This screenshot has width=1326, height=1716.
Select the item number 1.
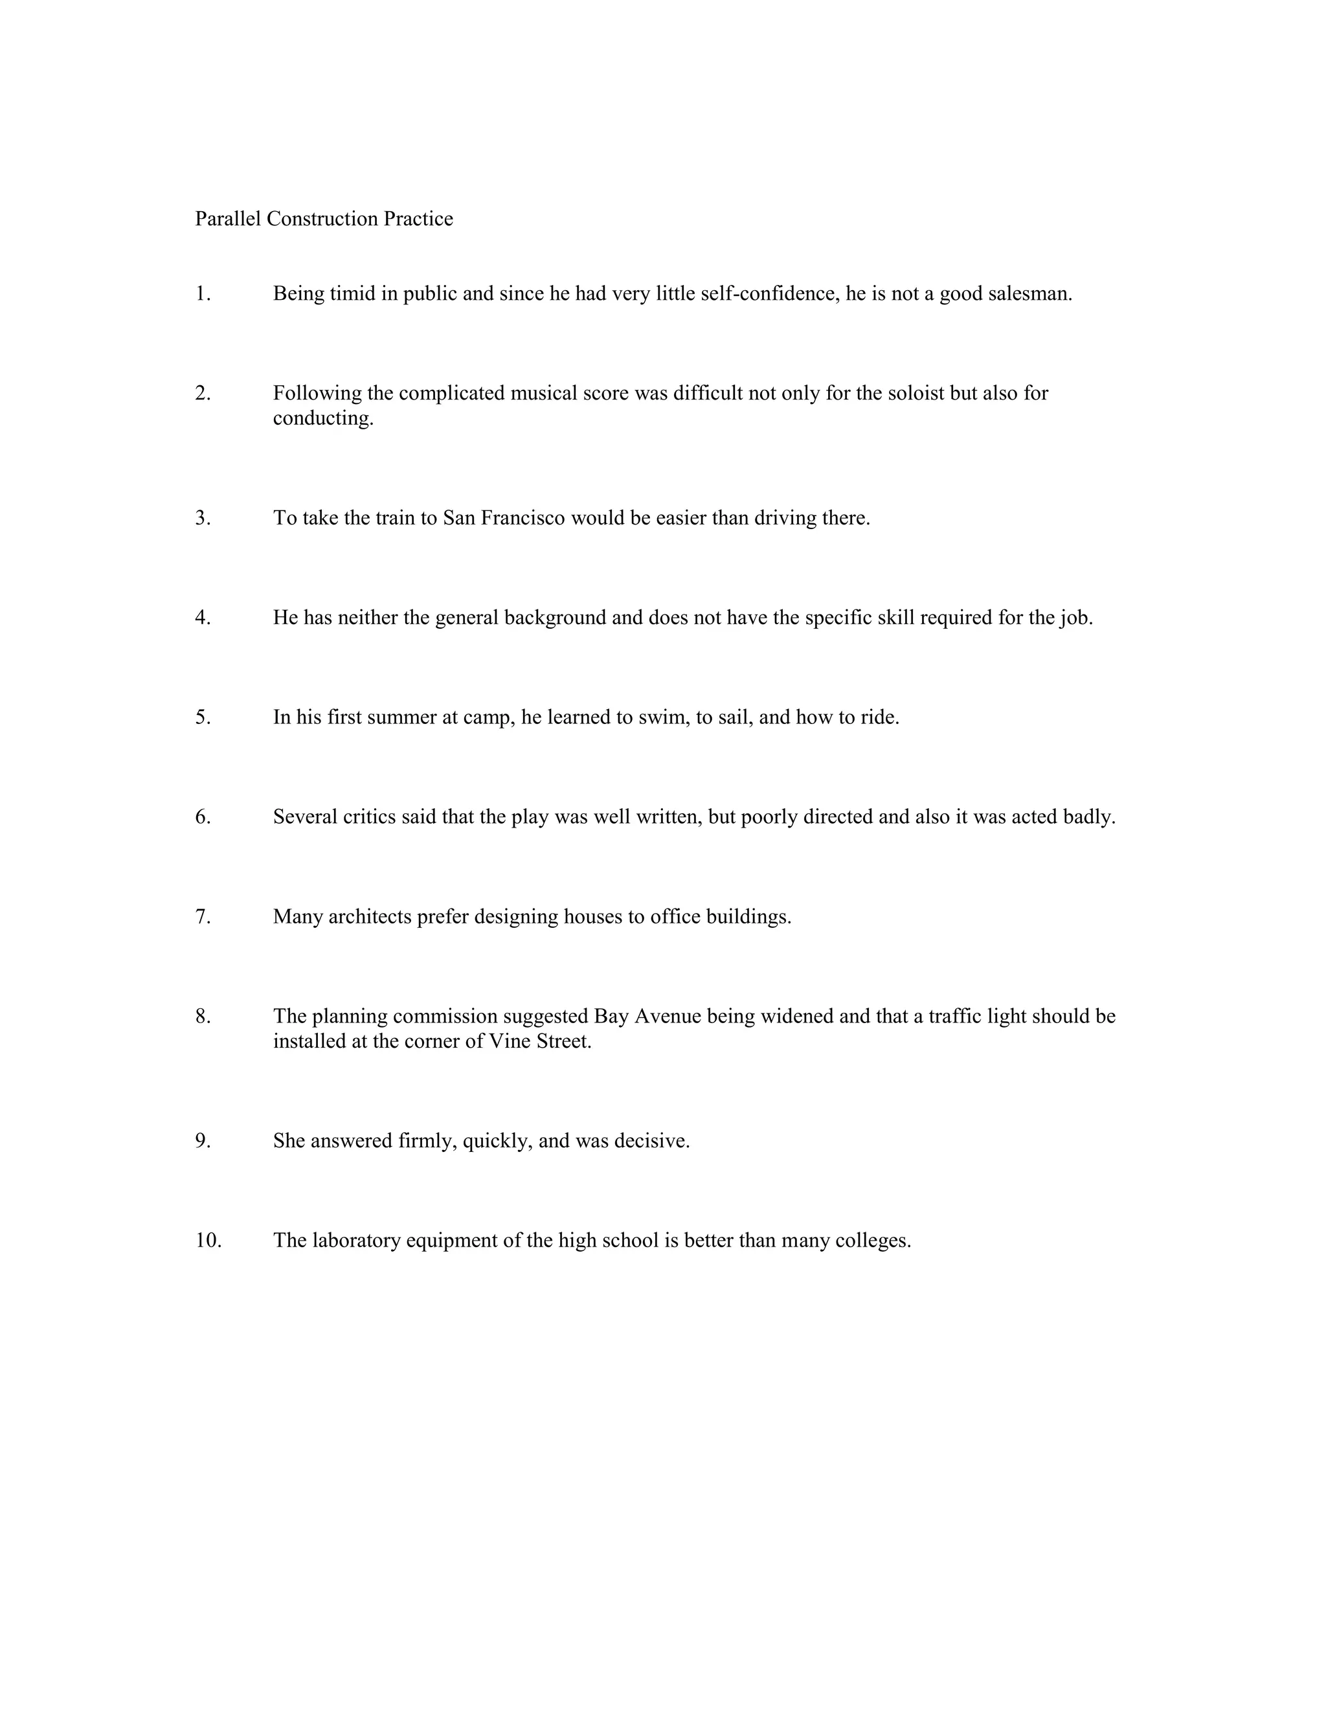click(x=203, y=294)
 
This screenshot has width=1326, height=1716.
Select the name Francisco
click(x=523, y=519)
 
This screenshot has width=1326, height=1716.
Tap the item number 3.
click(x=203, y=519)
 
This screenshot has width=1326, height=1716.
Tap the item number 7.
click(x=203, y=917)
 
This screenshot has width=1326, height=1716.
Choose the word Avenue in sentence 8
click(x=667, y=1017)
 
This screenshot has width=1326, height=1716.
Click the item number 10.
click(x=208, y=1241)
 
